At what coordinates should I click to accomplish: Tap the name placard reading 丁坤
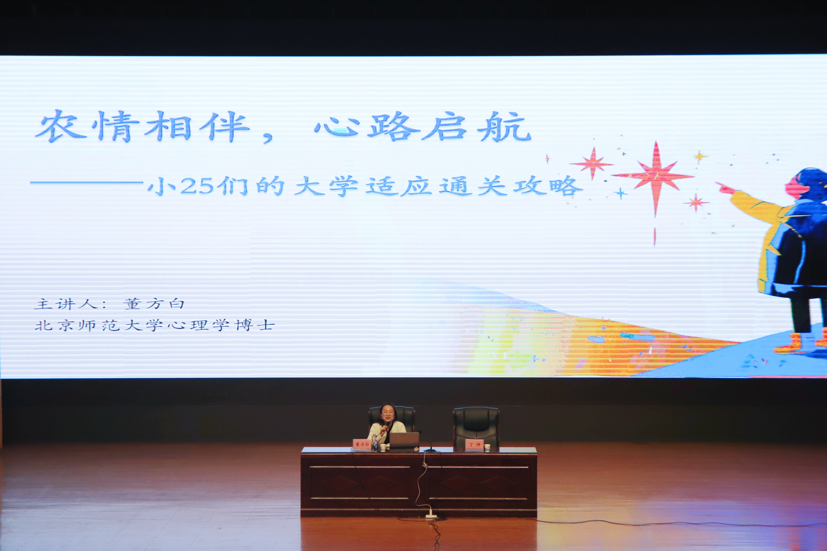474,445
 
